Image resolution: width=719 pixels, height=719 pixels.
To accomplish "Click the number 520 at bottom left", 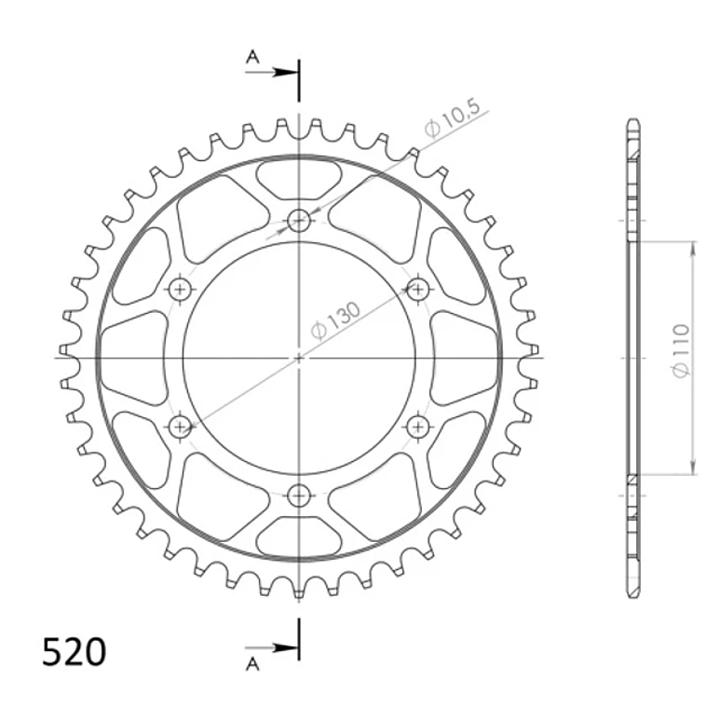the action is click(x=74, y=652).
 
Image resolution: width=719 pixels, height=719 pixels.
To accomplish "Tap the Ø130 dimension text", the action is click(x=335, y=320).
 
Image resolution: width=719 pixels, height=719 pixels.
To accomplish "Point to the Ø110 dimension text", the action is click(x=681, y=351).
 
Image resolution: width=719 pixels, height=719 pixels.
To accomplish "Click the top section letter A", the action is click(x=252, y=57).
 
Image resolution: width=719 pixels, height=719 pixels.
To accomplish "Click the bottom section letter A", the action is click(x=252, y=663).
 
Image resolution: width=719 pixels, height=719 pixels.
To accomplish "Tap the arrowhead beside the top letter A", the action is click(x=284, y=73).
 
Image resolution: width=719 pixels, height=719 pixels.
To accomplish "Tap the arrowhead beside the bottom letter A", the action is click(x=284, y=648).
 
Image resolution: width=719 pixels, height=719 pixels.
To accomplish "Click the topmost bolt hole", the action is click(x=299, y=221).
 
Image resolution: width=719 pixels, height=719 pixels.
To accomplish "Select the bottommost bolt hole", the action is click(x=299, y=495).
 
